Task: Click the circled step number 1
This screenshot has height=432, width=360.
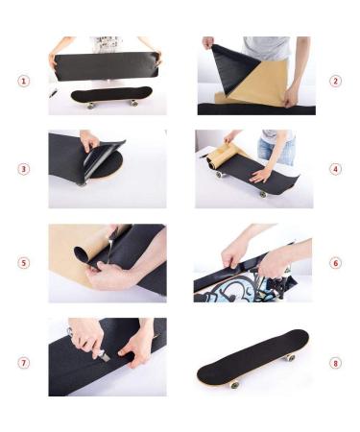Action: (23, 81)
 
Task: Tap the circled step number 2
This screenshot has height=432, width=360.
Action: (335, 81)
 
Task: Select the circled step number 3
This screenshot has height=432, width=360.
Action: (23, 169)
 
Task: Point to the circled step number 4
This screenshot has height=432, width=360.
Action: (335, 169)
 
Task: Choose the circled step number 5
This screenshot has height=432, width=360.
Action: (23, 263)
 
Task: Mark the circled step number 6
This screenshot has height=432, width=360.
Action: (335, 263)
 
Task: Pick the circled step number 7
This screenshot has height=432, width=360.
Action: (23, 363)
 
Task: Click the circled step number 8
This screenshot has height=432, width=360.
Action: (335, 363)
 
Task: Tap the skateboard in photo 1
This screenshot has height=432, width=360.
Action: (111, 97)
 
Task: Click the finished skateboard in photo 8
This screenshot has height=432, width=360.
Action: (252, 359)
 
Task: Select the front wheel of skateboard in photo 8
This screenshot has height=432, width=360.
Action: (234, 384)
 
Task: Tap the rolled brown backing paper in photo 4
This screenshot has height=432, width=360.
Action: (221, 155)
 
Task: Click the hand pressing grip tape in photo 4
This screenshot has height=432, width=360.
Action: (260, 176)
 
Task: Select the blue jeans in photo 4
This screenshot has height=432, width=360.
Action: (276, 152)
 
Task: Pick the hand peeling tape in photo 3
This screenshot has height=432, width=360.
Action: (89, 141)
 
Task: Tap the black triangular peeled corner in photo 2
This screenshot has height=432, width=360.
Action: (233, 68)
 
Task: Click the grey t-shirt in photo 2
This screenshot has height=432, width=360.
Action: (267, 48)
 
